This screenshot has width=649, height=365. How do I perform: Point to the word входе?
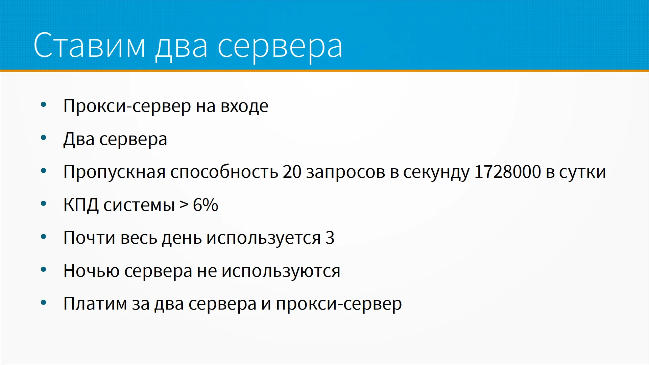pos(244,106)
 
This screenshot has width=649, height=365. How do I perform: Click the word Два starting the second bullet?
pos(79,139)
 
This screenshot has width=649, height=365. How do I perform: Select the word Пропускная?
pos(114,172)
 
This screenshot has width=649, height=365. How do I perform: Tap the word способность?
pos(224,172)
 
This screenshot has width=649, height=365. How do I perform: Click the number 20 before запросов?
pos(292,172)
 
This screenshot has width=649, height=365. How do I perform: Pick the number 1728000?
pos(508,172)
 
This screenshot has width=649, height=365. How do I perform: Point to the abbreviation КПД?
pos(81,205)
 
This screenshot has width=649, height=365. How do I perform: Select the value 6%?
pos(206,205)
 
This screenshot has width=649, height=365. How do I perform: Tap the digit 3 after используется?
pos(330,238)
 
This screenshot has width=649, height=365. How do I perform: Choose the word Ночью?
pos(91,271)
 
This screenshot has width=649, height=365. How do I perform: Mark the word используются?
pos(281,271)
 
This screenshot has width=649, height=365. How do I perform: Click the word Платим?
pos(95,303)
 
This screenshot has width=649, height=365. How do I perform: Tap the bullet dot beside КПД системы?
pos(43,204)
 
